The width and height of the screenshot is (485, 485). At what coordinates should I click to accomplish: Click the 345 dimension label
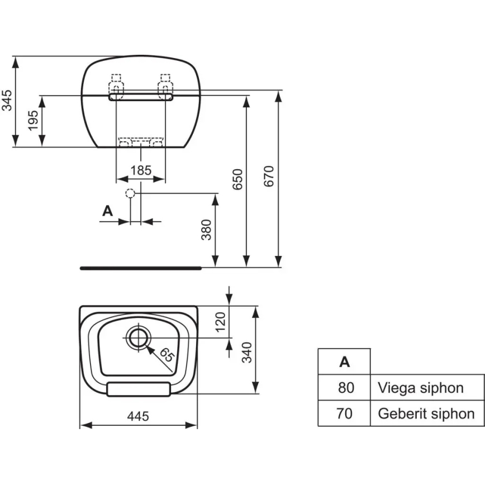click(x=7, y=101)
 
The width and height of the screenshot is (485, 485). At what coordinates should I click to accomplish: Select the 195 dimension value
click(x=33, y=121)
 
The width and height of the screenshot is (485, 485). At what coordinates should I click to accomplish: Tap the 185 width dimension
click(x=140, y=170)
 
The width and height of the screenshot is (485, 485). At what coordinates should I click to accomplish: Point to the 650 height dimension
click(x=238, y=179)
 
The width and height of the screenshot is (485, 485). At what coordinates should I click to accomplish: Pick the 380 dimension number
click(x=206, y=230)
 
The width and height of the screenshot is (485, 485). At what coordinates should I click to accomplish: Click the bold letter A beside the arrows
click(x=108, y=211)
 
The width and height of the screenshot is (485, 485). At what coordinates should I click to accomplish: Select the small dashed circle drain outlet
click(x=130, y=194)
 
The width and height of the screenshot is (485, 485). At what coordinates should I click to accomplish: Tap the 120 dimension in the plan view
click(x=220, y=320)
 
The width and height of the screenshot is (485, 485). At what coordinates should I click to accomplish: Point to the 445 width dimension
click(x=138, y=416)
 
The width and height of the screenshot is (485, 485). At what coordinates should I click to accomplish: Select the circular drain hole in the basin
click(x=137, y=337)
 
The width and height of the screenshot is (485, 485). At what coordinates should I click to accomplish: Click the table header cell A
click(x=344, y=362)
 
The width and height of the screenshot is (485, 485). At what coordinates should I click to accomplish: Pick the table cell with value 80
click(x=344, y=387)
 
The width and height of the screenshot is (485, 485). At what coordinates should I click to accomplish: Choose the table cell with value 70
click(x=344, y=413)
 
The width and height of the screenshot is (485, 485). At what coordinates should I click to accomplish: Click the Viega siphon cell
click(x=421, y=387)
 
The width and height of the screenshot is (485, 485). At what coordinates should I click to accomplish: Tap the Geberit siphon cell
click(x=426, y=413)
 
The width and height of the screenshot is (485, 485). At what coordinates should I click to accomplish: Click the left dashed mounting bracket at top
click(x=116, y=84)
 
